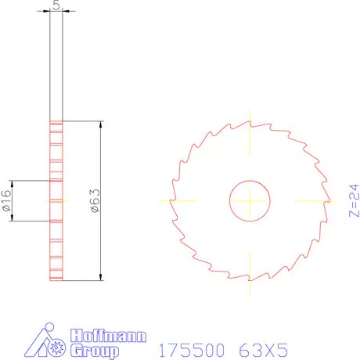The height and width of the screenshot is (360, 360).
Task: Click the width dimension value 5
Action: [x=56, y=5]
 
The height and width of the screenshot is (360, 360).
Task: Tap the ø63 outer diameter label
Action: [x=95, y=200]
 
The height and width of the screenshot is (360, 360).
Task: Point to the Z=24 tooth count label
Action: [x=352, y=200]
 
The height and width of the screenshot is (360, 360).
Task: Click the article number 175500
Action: [x=188, y=347]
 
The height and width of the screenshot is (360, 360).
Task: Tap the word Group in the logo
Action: [x=95, y=351]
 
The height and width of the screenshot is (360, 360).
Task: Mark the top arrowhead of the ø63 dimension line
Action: [x=102, y=125]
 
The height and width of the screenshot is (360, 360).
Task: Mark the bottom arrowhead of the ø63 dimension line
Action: [x=102, y=275]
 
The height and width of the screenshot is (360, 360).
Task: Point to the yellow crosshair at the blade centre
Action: [x=250, y=200]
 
